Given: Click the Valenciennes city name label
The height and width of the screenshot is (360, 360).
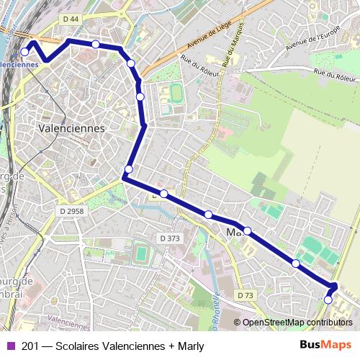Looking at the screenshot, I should [70, 128].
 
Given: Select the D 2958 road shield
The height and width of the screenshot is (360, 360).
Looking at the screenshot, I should [72, 212].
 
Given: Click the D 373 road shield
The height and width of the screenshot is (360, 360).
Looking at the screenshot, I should [170, 238].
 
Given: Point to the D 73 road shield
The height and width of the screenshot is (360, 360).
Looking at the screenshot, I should [246, 295].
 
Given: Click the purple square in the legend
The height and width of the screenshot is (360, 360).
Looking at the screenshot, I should [10, 346].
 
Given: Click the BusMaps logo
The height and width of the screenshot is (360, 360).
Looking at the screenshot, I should [325, 345].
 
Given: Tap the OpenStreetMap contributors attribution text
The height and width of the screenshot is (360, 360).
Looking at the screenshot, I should [297, 323].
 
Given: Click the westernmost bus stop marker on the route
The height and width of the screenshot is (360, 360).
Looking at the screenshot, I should [25, 52].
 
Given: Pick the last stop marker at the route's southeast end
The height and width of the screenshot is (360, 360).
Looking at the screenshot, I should [328, 300].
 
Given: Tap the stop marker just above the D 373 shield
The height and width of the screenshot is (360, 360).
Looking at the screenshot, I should [164, 194].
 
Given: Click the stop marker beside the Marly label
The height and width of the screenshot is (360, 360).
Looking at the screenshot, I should [247, 230].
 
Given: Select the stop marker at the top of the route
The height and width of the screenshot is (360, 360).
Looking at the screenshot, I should [96, 45].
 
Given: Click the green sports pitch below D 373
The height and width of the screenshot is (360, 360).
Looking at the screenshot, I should [141, 253].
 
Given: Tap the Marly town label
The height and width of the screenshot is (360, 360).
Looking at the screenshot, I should [235, 233].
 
